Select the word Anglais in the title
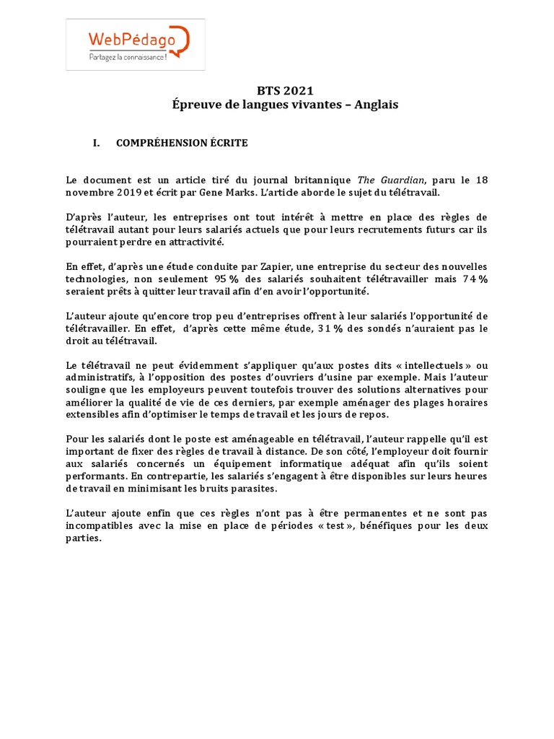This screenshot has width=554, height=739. click(x=375, y=105)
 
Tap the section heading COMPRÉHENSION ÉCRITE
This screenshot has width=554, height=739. click(x=182, y=144)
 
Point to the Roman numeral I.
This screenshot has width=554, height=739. click(x=95, y=144)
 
